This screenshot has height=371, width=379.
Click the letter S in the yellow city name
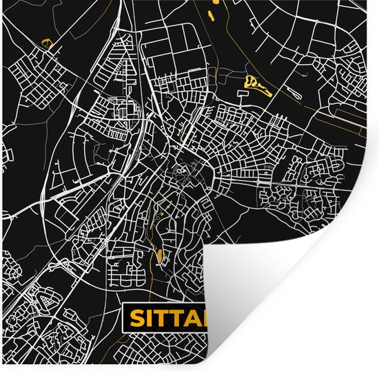point(138,318)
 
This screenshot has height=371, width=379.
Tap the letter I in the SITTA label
point(152,318)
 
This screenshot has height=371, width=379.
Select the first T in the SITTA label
point(164,318)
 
